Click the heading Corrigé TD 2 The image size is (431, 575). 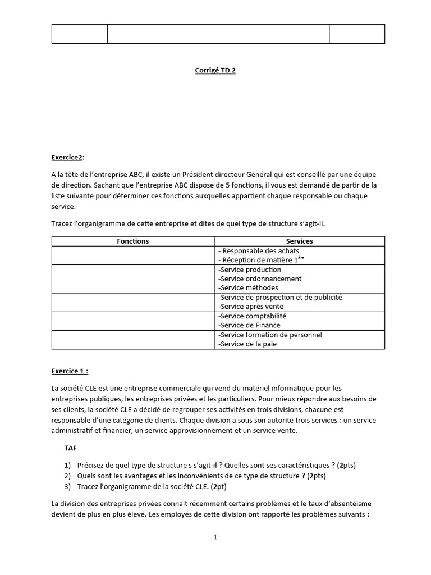(x=211, y=71)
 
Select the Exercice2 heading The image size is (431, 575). (x=67, y=158)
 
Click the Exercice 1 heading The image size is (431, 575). (x=70, y=370)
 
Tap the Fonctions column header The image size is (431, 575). (x=132, y=241)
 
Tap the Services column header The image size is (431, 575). (x=299, y=241)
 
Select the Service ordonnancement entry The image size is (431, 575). (x=260, y=279)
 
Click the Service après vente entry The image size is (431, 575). (x=251, y=307)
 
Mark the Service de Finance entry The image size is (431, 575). (x=249, y=325)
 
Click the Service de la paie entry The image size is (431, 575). (x=247, y=344)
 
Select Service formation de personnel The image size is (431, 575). (x=270, y=335)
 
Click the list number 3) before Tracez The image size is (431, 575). (x=67, y=486)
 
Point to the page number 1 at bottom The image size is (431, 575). (x=215, y=537)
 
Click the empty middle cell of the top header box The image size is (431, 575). (x=218, y=34)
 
